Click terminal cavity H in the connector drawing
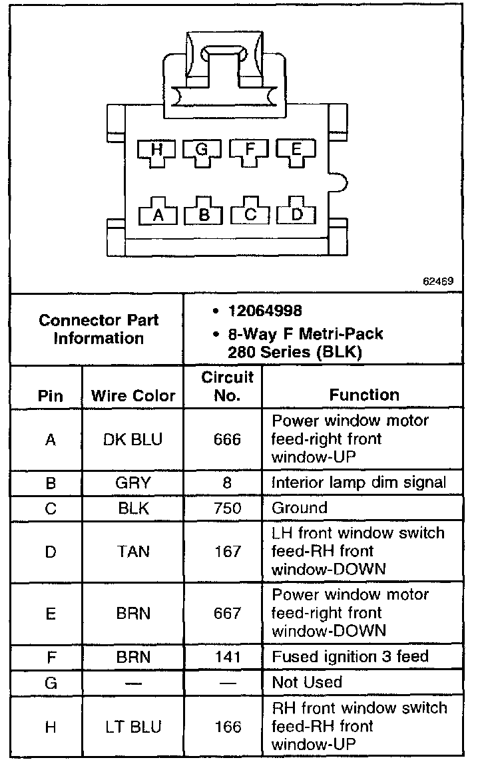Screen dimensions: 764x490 click(157, 152)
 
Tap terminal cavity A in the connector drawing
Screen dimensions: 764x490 click(158, 213)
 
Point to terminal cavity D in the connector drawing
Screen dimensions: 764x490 click(297, 213)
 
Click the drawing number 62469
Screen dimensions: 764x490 click(438, 281)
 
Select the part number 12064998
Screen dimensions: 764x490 click(264, 311)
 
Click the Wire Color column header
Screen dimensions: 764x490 click(133, 396)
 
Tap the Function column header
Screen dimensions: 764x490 click(364, 395)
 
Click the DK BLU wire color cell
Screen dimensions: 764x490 click(133, 440)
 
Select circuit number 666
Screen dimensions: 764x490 click(227, 440)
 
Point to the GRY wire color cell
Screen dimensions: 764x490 click(133, 483)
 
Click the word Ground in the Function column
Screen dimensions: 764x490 click(300, 508)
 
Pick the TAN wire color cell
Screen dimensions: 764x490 click(133, 552)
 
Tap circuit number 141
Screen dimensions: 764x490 click(227, 657)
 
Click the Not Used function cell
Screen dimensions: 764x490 click(307, 682)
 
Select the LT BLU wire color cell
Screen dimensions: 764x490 click(133, 727)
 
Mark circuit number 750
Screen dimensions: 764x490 click(227, 508)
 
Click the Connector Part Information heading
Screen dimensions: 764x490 click(99, 329)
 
